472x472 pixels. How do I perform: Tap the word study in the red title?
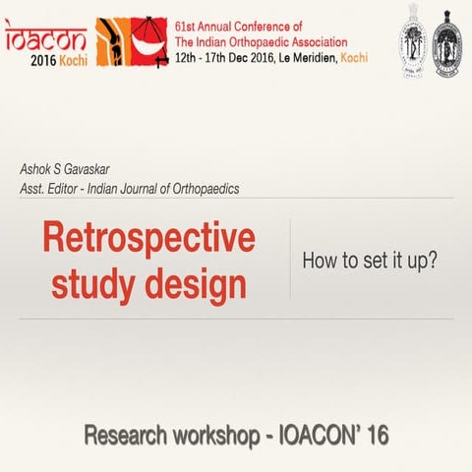pyautogui.click(x=89, y=286)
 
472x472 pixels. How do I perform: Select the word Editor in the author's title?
pyautogui.click(x=88, y=188)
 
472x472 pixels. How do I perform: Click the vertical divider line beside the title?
pyautogui.click(x=290, y=259)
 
